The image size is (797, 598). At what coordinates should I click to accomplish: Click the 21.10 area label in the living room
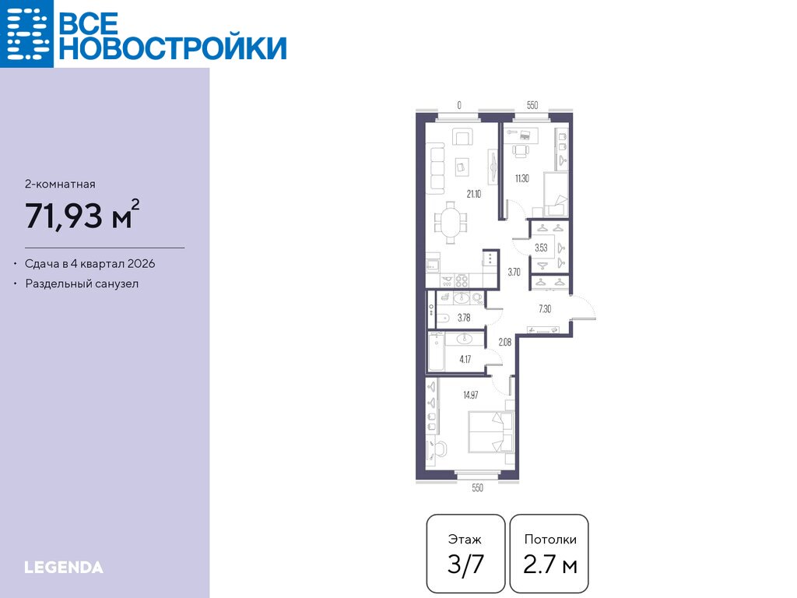point(474,194)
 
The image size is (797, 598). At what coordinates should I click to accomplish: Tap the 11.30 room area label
point(521,178)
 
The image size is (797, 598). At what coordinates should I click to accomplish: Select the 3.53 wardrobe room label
point(541,248)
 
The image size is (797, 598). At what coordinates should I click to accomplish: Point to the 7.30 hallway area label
point(544,308)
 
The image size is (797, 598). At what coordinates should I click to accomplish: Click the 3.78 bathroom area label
point(464,318)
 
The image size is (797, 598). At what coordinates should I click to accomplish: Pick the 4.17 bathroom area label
point(465,359)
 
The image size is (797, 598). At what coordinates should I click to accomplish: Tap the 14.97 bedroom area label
point(470,395)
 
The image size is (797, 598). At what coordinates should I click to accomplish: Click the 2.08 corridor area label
point(504,343)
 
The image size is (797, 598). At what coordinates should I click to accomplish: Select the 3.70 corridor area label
point(514,272)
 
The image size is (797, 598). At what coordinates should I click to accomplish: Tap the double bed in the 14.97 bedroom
point(491,431)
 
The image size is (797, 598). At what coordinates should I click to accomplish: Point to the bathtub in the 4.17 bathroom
point(436,352)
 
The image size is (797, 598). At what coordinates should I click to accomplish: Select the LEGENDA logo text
point(64,568)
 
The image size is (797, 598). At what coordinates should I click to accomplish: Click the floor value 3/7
point(465,565)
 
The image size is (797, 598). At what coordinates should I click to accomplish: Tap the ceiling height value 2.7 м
point(550,565)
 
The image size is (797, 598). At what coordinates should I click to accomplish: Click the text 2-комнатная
point(60,184)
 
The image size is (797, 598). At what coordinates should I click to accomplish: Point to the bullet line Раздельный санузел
point(82,283)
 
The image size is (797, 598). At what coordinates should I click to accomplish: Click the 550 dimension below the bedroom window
point(477,487)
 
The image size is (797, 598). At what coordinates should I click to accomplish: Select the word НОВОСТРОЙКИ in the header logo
point(173,47)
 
